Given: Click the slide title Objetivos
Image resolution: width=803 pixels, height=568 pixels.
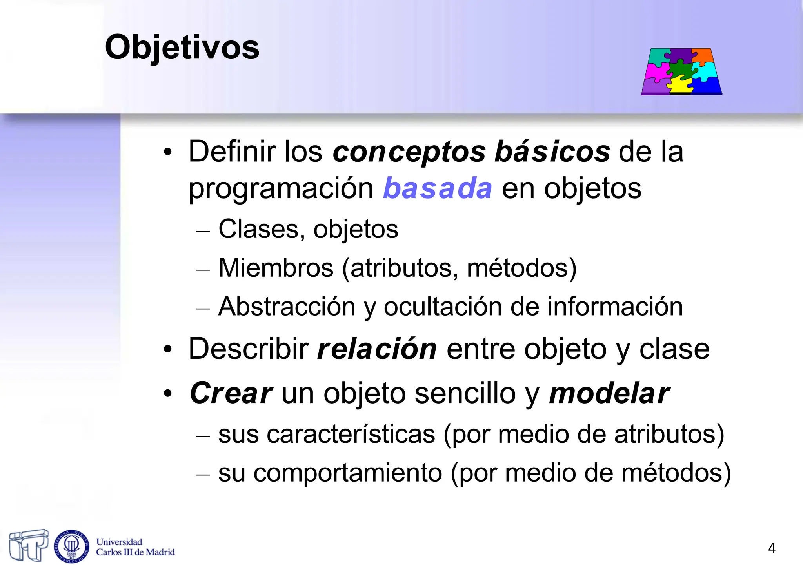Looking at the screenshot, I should tap(182, 47).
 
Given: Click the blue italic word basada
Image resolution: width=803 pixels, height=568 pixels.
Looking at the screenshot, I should tap(437, 188).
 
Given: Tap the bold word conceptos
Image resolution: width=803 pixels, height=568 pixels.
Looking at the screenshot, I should tap(409, 152).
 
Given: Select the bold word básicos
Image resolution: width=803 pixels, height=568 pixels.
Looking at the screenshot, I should tap(552, 152).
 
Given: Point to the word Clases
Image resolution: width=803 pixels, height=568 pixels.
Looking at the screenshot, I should tap(258, 229).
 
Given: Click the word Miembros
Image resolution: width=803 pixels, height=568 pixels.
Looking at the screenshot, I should tap(276, 268).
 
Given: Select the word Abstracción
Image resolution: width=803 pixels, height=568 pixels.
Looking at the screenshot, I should tap(287, 307).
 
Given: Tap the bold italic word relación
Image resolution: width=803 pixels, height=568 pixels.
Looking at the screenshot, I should tap(377, 349).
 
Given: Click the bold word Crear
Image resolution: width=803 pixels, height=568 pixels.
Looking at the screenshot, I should tap(231, 393).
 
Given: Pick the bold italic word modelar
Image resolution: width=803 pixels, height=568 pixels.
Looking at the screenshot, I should tap(609, 393).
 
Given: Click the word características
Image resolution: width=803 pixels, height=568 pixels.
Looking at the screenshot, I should tap(351, 434).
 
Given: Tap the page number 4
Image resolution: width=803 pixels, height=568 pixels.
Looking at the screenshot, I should tap(772, 548).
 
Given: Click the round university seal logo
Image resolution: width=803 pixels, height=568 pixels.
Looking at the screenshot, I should tap(71, 546).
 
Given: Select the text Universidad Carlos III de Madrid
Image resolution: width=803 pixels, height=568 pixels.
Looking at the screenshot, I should tap(135, 547).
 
